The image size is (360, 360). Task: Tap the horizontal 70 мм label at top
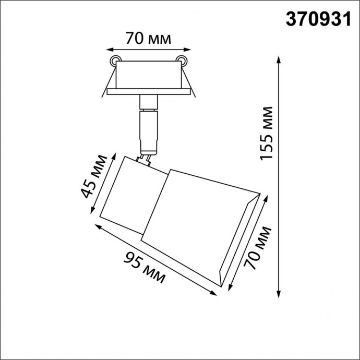[148, 39]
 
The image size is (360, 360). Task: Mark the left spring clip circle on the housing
[115, 60]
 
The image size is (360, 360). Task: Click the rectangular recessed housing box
[148, 76]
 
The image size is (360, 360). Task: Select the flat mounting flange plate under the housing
[148, 92]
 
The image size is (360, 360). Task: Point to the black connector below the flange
[148, 103]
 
